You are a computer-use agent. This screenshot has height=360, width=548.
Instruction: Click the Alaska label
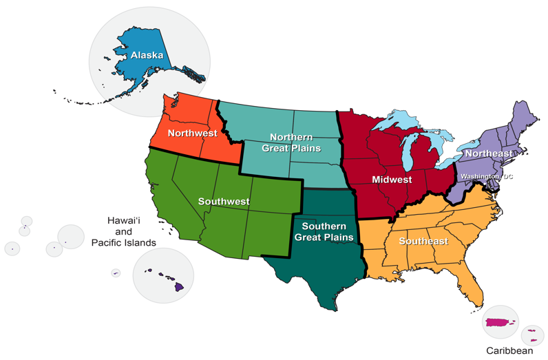pos(147,54)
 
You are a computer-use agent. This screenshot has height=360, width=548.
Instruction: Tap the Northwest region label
pos(192,133)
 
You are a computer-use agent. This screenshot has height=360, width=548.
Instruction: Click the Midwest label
pos(391,180)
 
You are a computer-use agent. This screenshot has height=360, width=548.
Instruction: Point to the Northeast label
pos(488,153)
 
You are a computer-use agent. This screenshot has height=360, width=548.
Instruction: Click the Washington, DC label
pos(487,177)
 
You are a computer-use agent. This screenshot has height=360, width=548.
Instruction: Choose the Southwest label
pos(224,202)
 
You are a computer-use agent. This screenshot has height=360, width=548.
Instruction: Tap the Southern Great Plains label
pos(324,231)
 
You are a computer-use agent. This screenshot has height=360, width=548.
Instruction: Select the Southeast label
pos(423,241)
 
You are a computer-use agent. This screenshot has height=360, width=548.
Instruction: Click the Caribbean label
pos(509,350)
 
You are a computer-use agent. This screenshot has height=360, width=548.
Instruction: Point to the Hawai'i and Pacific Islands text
pos(124,231)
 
